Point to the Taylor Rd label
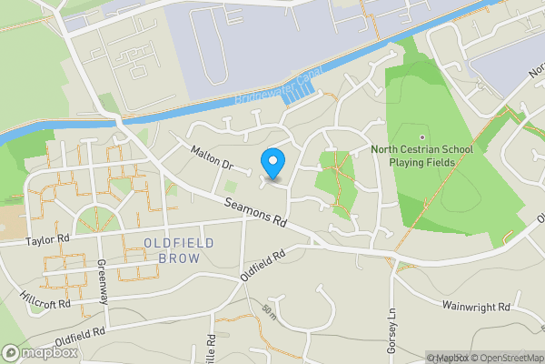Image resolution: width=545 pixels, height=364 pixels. point(48,239)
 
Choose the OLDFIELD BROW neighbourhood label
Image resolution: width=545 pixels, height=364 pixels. point(180,250)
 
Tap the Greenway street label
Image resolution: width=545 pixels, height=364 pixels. point(103,283)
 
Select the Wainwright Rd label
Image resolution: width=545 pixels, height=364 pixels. point(477,308)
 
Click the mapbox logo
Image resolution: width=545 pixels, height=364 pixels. point(39,352)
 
